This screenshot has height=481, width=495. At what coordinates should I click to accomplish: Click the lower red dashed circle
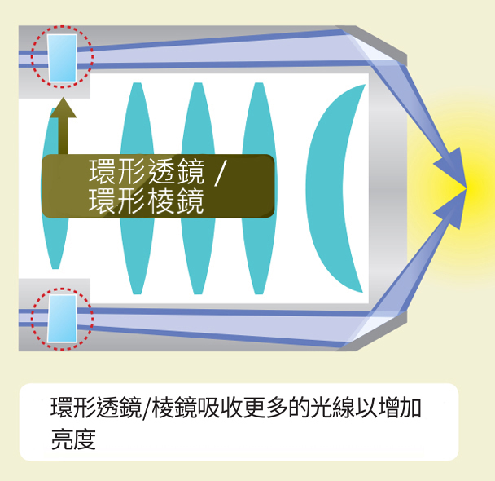coord(62,289)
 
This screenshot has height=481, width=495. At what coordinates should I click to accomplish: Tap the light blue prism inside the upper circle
coord(62,58)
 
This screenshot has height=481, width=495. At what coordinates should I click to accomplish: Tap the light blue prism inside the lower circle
coord(62,319)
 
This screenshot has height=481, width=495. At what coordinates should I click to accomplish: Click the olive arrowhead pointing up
coord(64,108)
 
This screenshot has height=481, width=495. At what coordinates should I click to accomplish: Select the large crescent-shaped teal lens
coord(328,188)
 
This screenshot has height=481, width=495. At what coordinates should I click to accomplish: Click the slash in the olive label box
coord(219,173)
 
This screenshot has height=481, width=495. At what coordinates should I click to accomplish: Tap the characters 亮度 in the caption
coord(73,439)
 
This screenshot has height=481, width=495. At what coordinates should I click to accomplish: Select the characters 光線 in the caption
coord(332,407)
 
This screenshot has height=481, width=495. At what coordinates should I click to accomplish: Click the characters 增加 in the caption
coord(401,407)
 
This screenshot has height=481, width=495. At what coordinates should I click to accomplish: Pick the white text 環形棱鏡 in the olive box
coord(147,201)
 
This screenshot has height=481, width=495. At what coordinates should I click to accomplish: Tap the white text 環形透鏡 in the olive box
coord(147,171)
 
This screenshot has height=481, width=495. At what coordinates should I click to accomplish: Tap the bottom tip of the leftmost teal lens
coord(55,269)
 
